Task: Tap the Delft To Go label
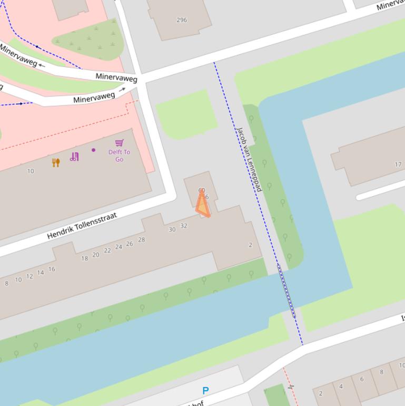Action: [x=119, y=156]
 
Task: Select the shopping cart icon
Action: [x=120, y=142]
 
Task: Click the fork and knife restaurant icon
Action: [x=56, y=162]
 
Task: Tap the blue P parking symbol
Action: [x=205, y=391]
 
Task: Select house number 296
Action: [x=182, y=20]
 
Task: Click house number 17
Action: [x=398, y=165]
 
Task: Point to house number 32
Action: [x=184, y=226]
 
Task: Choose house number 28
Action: [x=141, y=240]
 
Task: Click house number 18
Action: [x=84, y=258]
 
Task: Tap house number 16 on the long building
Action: [x=52, y=269]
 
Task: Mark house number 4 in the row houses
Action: [x=341, y=386]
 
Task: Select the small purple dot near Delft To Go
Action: [x=94, y=150]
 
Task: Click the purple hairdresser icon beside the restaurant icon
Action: [x=74, y=157]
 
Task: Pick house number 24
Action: [x=118, y=247]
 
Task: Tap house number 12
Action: [x=29, y=276]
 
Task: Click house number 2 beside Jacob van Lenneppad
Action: [x=250, y=245]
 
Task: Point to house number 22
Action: [x=107, y=250]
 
